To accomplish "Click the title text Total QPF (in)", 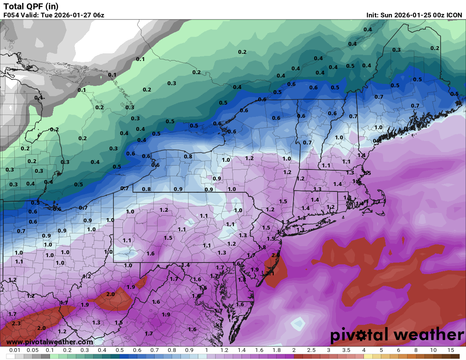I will [31, 6].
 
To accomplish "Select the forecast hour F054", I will [11, 15].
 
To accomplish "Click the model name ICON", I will [455, 15].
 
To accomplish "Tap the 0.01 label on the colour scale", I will [15, 350].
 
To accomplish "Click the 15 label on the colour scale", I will [451, 350].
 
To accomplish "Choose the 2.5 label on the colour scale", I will [311, 350].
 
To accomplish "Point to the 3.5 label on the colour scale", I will [346, 350].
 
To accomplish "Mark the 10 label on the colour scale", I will [433, 350].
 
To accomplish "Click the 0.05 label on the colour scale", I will [33, 350].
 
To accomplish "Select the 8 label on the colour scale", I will [416, 350].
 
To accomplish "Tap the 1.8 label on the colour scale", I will [277, 350].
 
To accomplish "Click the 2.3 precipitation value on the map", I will [16, 324].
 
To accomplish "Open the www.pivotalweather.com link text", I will [50, 342].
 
